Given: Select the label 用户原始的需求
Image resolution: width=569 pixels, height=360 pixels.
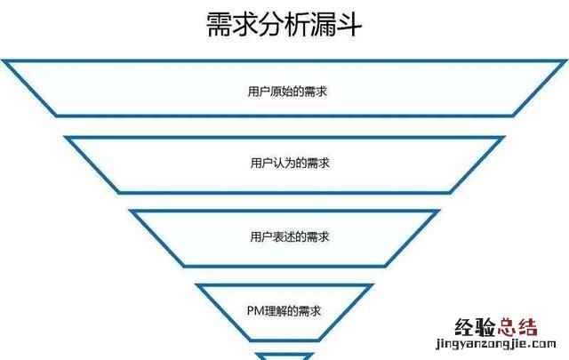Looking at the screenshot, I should point(284,91).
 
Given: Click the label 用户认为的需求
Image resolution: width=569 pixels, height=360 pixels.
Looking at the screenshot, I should point(284,164).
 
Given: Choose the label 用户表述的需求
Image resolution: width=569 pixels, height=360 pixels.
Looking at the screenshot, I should point(284,237).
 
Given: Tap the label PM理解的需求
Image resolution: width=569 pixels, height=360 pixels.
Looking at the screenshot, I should point(284,310).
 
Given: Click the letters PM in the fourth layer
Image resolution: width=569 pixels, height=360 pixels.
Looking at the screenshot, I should point(255,310).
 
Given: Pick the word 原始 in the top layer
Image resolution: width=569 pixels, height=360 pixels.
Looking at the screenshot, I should point(278,91).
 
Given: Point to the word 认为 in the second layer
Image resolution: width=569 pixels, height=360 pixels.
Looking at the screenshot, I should point(278,164).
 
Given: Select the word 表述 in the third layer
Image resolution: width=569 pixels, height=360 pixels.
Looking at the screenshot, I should point(278,237).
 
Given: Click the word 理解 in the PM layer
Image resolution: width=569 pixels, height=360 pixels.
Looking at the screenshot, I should point(279,310).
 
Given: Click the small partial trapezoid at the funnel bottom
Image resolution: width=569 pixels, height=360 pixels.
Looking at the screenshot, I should point(284,355).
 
